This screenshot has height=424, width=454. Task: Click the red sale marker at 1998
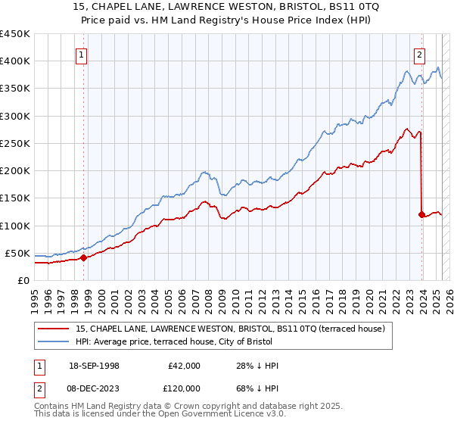[83, 257]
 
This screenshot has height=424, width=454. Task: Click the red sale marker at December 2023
[421, 214]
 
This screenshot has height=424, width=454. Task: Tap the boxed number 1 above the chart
[81, 55]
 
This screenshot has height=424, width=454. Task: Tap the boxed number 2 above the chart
[419, 55]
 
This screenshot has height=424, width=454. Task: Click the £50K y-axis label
[18, 253]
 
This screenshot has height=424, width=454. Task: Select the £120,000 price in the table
[184, 387]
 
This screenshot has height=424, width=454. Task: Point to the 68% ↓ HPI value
[257, 387]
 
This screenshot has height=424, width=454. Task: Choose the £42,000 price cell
[184, 366]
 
